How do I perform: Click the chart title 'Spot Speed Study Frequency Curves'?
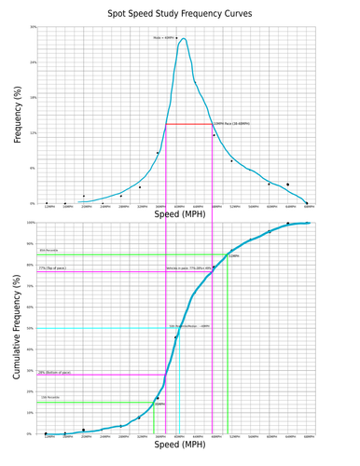click(180, 13)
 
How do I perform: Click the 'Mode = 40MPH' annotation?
click(163, 38)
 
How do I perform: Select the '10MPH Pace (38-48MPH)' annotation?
click(231, 123)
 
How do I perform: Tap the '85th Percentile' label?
click(49, 251)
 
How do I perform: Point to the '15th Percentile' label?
click(49, 397)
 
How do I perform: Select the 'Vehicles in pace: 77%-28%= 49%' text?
click(187, 268)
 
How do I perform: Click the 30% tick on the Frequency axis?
click(34, 27)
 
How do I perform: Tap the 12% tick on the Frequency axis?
click(34, 132)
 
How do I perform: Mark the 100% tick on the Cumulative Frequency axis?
click(33, 223)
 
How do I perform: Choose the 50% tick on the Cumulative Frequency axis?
click(34, 328)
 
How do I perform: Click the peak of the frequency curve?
click(184, 39)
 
